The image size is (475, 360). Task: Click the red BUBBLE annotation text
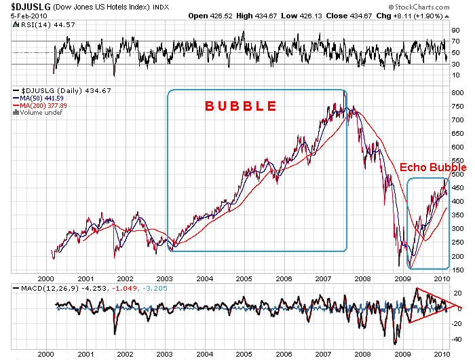pyautogui.click(x=241, y=106)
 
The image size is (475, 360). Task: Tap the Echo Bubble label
pyautogui.click(x=432, y=167)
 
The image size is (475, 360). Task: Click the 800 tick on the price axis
pyautogui.click(x=457, y=92)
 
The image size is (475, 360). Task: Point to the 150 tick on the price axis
pyautogui.click(x=457, y=270)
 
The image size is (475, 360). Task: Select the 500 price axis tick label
pyautogui.click(x=457, y=174)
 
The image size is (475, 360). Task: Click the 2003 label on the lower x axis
pyautogui.click(x=165, y=355)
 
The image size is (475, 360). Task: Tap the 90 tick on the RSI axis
pyautogui.click(x=456, y=31)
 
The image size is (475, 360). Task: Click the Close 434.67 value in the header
pyautogui.click(x=360, y=15)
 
